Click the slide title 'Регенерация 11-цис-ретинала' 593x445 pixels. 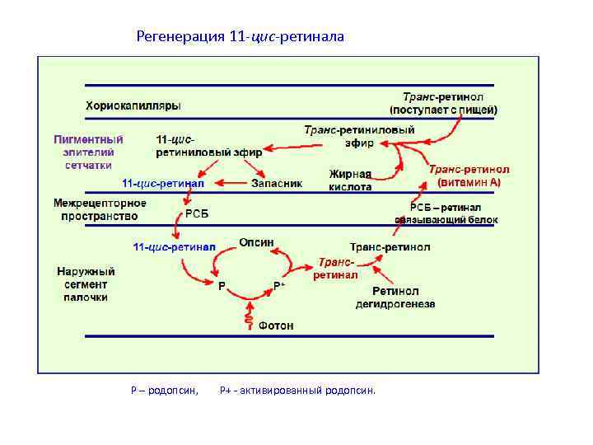pos(240,36)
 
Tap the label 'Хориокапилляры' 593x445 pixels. pos(133,105)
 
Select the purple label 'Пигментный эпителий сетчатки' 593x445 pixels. pos(89,152)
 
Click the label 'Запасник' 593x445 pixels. pos(276,183)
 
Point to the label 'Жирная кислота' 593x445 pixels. pos(350,180)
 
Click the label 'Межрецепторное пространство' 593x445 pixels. pos(100,209)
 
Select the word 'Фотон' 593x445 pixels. pos(276,326)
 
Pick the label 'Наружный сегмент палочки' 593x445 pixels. pos(86,283)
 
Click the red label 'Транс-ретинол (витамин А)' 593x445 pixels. pos(469,175)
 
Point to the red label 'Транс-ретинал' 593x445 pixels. pos(336,268)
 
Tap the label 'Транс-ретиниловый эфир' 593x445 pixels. pos(359,136)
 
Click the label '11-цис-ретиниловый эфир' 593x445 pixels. pos(208,145)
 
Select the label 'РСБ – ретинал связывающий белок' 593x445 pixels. pos(454,213)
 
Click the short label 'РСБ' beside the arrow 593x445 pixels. pos(197,214)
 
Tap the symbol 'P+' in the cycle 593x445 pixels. pos(279,285)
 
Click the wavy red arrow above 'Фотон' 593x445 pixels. pos(248,313)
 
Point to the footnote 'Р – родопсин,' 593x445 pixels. pos(165,390)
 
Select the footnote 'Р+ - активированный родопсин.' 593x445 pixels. pos(297,390)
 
